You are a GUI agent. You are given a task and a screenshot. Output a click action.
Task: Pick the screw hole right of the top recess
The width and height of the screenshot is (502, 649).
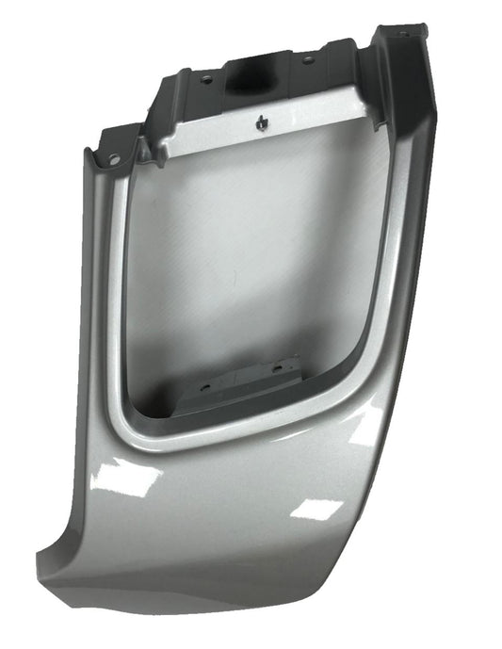307,59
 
